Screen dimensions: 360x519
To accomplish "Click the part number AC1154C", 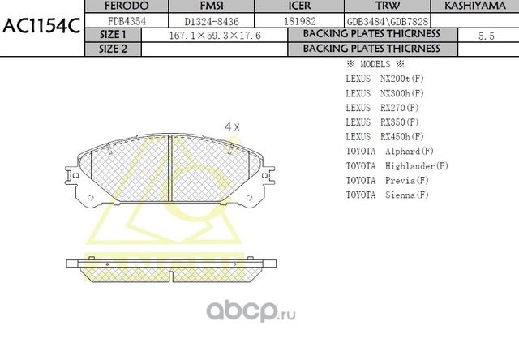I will click(41, 26).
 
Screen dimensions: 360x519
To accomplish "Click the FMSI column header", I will click(211, 6).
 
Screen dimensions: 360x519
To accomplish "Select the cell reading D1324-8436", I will click(211, 20).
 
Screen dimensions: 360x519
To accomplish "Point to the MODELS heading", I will click(375, 64).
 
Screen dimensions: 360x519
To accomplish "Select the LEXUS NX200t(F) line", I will click(384, 79).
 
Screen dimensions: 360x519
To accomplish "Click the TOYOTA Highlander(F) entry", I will click(397, 166).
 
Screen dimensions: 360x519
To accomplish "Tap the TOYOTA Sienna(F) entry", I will click(387, 195).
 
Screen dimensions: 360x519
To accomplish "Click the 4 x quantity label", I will click(232, 126).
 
